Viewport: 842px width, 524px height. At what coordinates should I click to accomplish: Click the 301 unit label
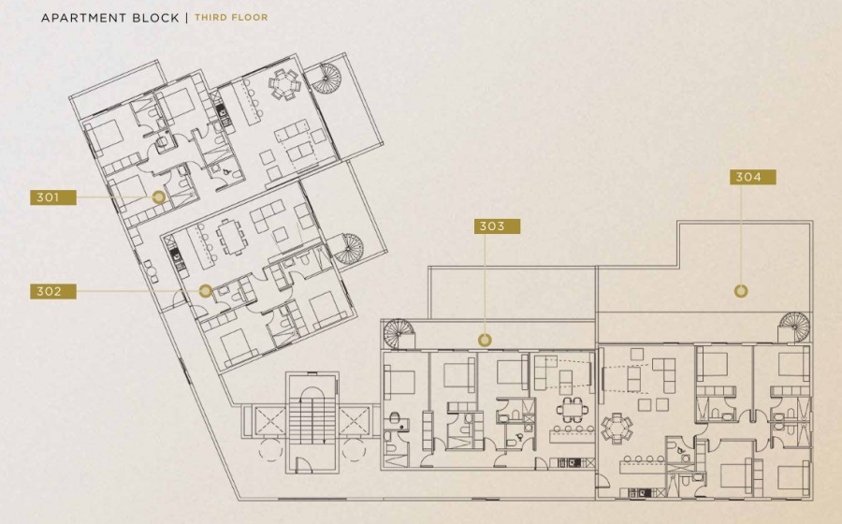click(x=53, y=197)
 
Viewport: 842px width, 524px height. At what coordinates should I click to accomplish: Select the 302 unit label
click(x=53, y=292)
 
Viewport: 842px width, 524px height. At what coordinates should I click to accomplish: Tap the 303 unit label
click(x=498, y=226)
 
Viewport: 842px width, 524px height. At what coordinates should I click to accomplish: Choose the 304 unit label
click(x=753, y=177)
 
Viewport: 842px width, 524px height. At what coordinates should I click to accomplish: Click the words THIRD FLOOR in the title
click(x=231, y=17)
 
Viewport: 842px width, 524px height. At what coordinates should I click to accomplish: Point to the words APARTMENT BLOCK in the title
click(x=110, y=18)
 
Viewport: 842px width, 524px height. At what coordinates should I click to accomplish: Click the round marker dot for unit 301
click(x=158, y=197)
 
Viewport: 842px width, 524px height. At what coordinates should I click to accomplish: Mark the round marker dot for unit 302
click(x=205, y=291)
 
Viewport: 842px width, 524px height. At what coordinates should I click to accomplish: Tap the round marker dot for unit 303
click(x=485, y=340)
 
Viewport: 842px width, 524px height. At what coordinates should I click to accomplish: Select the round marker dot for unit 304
click(x=741, y=291)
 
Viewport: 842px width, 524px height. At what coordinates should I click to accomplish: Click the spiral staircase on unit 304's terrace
click(x=794, y=327)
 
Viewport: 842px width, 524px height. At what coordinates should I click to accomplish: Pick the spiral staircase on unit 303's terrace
click(x=399, y=334)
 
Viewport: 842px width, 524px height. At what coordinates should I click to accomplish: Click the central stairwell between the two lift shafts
click(x=312, y=423)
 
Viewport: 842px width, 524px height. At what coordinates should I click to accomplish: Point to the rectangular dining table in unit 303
click(x=572, y=410)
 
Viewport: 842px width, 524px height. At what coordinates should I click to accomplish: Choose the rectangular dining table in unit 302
click(x=230, y=237)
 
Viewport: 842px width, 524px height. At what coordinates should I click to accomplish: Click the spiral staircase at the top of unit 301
click(x=327, y=79)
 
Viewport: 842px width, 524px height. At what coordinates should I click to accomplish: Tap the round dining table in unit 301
click(x=283, y=84)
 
